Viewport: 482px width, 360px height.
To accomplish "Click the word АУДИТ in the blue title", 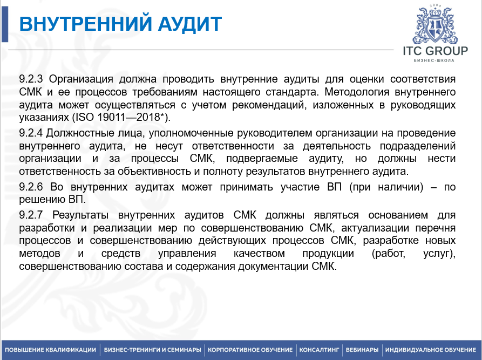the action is coord(189,24).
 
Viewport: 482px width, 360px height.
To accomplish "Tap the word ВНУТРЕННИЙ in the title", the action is coord(86,23).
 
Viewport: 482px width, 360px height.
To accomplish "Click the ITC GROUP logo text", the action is coord(435,51).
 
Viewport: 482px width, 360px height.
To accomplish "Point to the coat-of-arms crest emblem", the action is coord(435,24).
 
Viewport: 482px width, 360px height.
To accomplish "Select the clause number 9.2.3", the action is coord(31,79).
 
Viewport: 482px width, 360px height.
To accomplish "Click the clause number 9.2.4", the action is coord(31,133).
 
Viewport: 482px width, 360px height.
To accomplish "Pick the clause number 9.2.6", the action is coord(31,187).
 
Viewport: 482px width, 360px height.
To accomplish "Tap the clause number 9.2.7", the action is coord(31,215).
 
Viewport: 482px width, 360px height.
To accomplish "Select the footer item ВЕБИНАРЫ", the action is coord(362,350).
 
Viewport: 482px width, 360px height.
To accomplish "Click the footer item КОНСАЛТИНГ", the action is coord(319,350).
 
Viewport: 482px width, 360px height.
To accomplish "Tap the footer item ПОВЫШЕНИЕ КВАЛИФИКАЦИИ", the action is coord(50,350).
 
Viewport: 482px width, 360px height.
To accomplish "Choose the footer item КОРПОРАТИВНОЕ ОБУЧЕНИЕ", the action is coord(250,350).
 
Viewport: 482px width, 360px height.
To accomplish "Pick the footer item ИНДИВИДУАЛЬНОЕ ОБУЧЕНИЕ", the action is coord(431,350).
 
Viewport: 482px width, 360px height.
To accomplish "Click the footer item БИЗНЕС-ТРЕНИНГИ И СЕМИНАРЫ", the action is coord(152,350).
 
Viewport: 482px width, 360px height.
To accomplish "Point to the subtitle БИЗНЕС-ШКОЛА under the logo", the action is coord(434,60).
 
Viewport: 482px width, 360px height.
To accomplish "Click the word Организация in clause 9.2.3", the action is coord(81,79).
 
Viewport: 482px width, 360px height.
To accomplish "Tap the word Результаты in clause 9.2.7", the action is coord(80,215).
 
